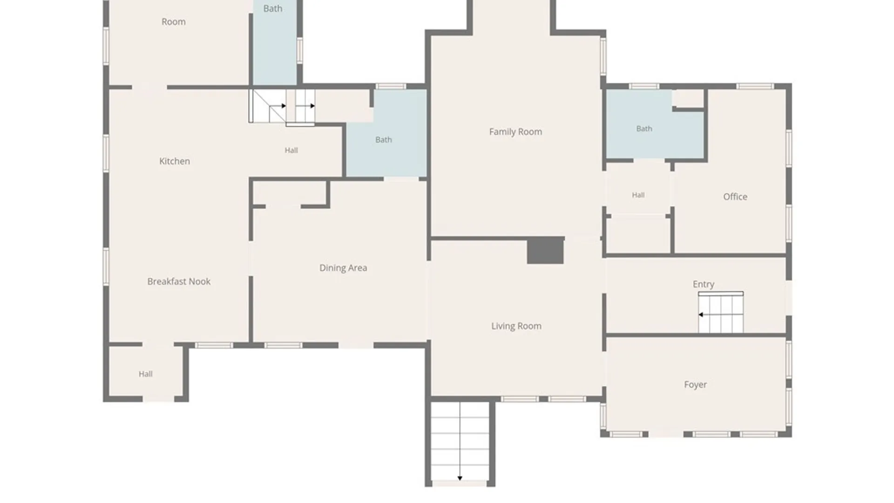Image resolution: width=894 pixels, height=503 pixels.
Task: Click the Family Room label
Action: [515, 132]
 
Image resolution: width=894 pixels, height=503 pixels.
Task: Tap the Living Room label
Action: [516, 326]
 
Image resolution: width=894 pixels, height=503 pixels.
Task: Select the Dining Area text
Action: [343, 268]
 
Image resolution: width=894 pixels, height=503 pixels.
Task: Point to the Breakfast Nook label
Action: [179, 281]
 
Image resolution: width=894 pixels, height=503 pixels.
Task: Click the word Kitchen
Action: [175, 161]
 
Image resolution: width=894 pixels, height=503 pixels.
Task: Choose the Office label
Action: [735, 197]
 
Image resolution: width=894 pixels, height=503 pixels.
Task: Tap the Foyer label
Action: [695, 385]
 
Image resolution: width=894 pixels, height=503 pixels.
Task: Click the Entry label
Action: [703, 284]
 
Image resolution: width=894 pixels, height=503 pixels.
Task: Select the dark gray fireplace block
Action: [545, 251]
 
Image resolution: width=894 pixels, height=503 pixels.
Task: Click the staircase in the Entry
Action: [720, 313]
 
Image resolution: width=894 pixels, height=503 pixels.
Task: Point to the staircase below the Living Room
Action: [460, 441]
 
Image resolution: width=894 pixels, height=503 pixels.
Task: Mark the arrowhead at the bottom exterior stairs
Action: [460, 478]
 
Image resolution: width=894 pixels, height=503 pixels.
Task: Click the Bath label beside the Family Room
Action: [384, 140]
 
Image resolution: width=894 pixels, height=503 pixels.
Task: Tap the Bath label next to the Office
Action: [644, 129]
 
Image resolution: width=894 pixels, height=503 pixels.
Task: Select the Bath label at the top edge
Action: [273, 8]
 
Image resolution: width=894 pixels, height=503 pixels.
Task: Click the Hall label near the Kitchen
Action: [291, 150]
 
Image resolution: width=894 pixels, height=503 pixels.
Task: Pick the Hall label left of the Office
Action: [638, 195]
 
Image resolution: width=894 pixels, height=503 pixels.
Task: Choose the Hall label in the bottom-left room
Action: [146, 374]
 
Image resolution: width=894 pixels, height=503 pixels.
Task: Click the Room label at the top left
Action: [174, 22]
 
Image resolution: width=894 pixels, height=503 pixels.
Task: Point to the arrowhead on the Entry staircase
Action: [701, 315]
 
